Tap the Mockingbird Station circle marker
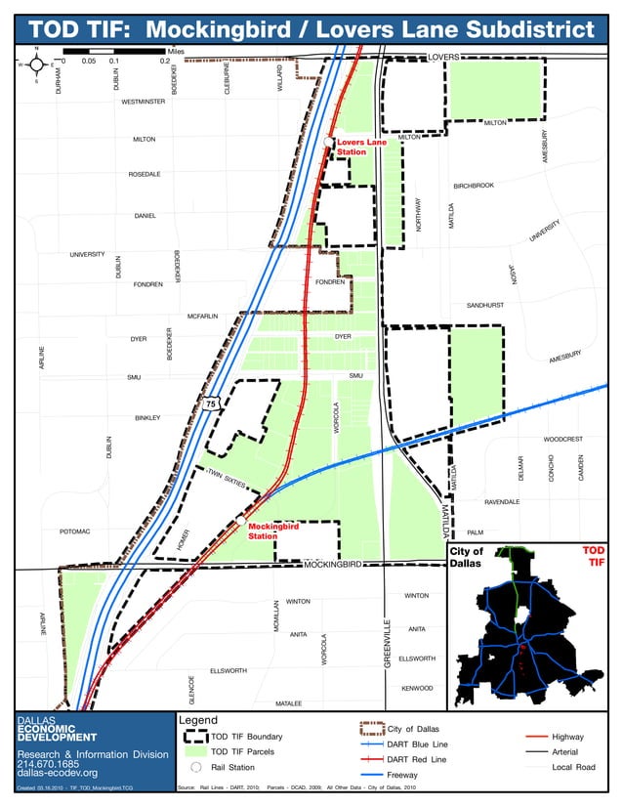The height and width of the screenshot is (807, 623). pyautogui.click(x=240, y=522)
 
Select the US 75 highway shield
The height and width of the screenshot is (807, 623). pyautogui.click(x=210, y=403)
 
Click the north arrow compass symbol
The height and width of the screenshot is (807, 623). pyautogui.click(x=36, y=65)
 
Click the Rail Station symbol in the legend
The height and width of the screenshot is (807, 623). pyautogui.click(x=195, y=767)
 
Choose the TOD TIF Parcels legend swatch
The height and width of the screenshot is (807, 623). pyautogui.click(x=195, y=751)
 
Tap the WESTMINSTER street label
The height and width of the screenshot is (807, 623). pyautogui.click(x=144, y=102)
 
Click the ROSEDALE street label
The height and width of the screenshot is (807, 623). pyautogui.click(x=145, y=175)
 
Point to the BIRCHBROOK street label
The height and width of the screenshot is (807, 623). pyautogui.click(x=474, y=186)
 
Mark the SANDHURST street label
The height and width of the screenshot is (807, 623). pyautogui.click(x=484, y=305)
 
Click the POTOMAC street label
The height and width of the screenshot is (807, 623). pyautogui.click(x=74, y=531)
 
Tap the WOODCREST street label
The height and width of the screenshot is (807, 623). pyautogui.click(x=562, y=439)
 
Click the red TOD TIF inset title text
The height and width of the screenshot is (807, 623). pyautogui.click(x=593, y=556)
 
